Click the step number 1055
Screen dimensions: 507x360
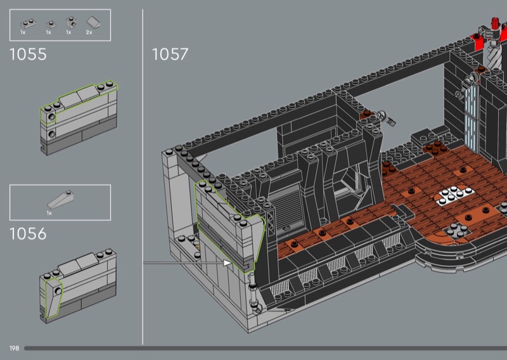click(x=28, y=55)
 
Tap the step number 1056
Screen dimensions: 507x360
click(x=28, y=234)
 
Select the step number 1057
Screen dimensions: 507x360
click(x=170, y=55)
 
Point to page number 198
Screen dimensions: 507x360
click(x=14, y=349)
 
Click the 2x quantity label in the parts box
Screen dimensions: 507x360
click(x=89, y=32)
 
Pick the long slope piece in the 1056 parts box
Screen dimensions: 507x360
click(x=60, y=200)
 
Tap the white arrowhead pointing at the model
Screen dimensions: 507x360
click(x=228, y=262)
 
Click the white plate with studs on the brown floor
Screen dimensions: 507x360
click(x=454, y=195)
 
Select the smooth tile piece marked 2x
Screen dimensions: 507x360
click(x=93, y=22)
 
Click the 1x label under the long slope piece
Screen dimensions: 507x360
click(x=49, y=213)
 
